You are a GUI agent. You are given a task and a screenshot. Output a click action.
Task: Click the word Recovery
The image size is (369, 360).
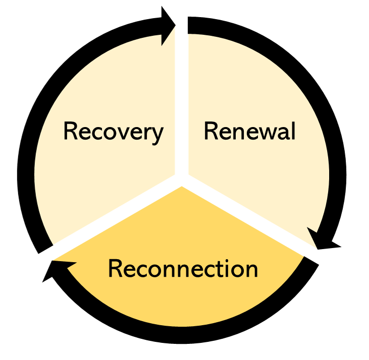113,132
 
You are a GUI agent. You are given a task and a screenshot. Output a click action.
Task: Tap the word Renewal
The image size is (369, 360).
249,132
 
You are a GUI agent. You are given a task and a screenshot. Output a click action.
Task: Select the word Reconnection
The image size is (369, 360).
183,269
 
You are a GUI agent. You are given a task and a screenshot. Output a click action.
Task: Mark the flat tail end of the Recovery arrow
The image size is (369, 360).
44,247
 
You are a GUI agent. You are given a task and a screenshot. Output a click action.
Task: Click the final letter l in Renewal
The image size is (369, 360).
293,131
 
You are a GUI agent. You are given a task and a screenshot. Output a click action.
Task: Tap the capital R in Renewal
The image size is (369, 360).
211,132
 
